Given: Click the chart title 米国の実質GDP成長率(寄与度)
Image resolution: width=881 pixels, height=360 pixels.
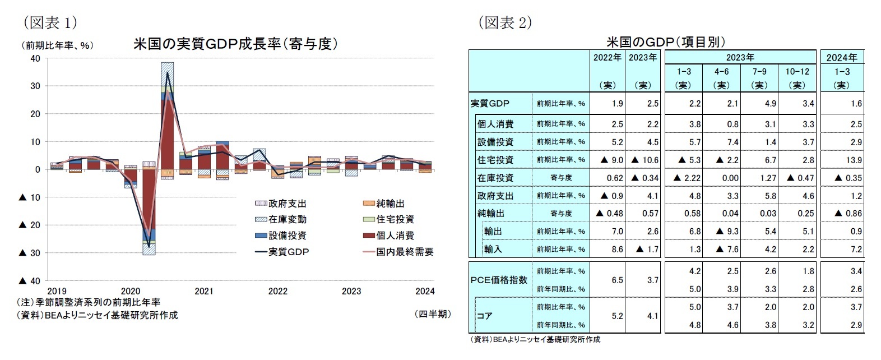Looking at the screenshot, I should [235, 44].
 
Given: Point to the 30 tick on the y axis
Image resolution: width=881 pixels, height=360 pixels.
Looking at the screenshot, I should [35, 86].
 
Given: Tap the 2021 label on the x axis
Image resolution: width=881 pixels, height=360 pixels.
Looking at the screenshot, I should [203, 291].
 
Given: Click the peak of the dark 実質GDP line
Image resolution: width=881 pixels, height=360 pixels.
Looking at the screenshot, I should [167, 72].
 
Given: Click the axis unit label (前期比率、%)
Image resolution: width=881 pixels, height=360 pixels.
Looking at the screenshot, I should [57, 45].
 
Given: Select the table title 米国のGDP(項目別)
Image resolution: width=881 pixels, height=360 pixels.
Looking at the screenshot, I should [666, 41].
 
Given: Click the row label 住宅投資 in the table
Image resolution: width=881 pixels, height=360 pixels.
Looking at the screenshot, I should [495, 160].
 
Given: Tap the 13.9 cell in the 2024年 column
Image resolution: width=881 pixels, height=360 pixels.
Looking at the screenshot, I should [854, 160].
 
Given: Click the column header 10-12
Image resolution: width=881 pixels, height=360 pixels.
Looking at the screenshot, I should [797, 72].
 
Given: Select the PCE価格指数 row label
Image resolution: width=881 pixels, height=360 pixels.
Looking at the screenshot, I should [498, 280].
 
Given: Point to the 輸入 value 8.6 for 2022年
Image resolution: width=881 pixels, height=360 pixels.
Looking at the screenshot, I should [616, 249].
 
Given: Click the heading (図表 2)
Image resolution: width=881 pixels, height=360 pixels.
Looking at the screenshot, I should [504, 22].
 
